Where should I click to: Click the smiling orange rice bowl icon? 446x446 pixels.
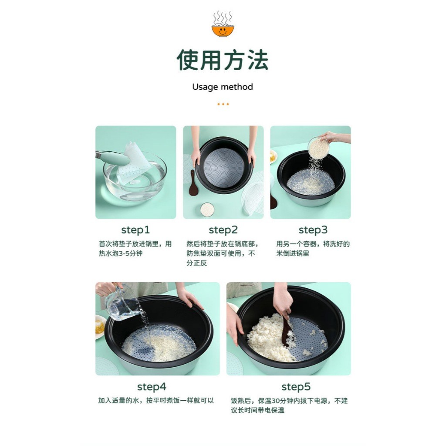coord(223,24)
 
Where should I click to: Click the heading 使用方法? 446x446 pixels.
coord(223,60)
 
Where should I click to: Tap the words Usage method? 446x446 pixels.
coord(223,87)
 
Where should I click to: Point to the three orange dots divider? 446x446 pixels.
coord(223,104)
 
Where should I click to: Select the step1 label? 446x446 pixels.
coord(135,230)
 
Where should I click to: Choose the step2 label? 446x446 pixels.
coord(223,230)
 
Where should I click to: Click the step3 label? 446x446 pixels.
coord(313,230)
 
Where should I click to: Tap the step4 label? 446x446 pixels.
coord(152,387)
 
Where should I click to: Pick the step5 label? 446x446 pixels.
coord(296,387)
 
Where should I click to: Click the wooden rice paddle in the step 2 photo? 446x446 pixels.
coord(193,183)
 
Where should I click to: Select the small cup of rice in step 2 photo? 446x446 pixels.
coord(207,209)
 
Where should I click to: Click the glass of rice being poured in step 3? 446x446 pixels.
coord(318,147)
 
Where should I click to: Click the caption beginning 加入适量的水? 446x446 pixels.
coord(156,401)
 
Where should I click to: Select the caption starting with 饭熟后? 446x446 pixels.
coord(289,405)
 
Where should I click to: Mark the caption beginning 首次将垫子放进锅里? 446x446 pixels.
coord(135,249)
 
